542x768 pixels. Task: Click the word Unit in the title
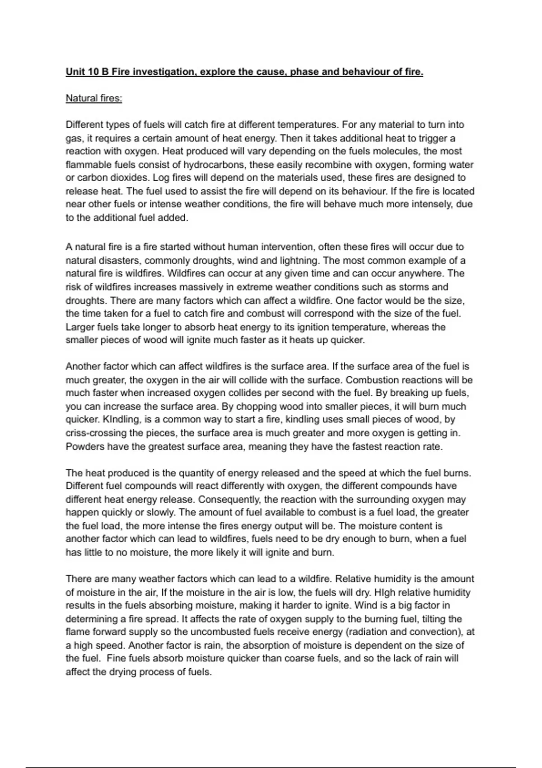tap(75, 72)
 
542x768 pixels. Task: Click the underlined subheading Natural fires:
tap(94, 98)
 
